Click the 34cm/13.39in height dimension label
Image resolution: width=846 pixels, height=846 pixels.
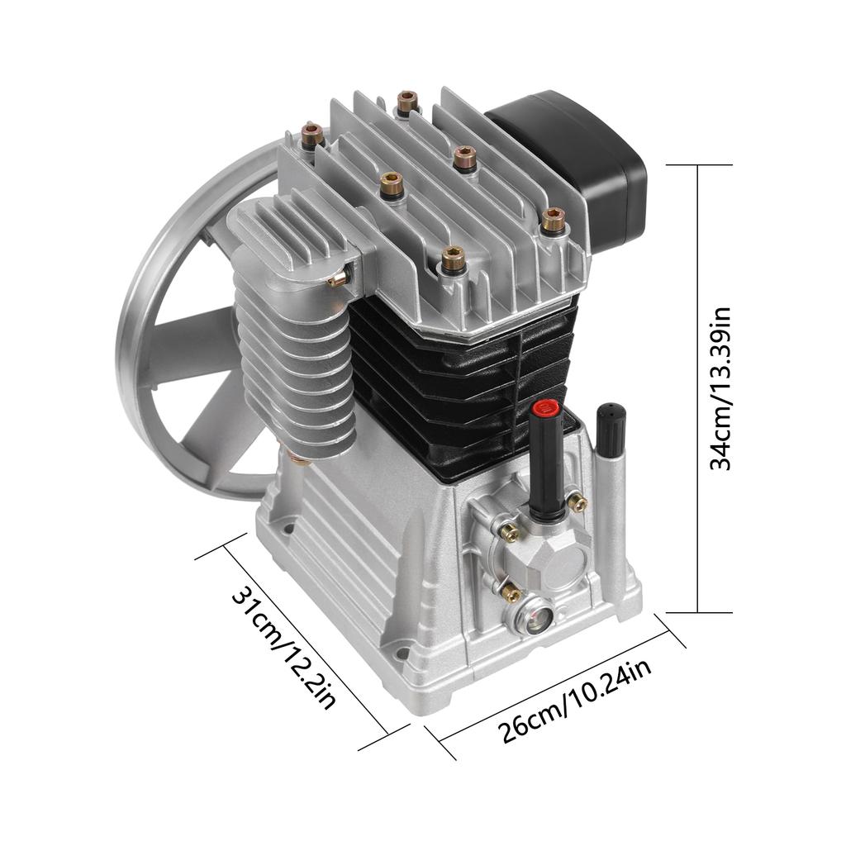coord(722,388)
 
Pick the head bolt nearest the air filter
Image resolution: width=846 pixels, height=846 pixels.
coord(553,220)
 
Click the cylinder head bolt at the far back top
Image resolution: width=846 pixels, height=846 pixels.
coord(406,102)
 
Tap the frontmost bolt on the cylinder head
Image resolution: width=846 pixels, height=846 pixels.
coord(451,259)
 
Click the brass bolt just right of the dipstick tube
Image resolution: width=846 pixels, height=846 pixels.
coord(579,502)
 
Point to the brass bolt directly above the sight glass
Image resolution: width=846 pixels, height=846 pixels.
coord(511,592)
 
